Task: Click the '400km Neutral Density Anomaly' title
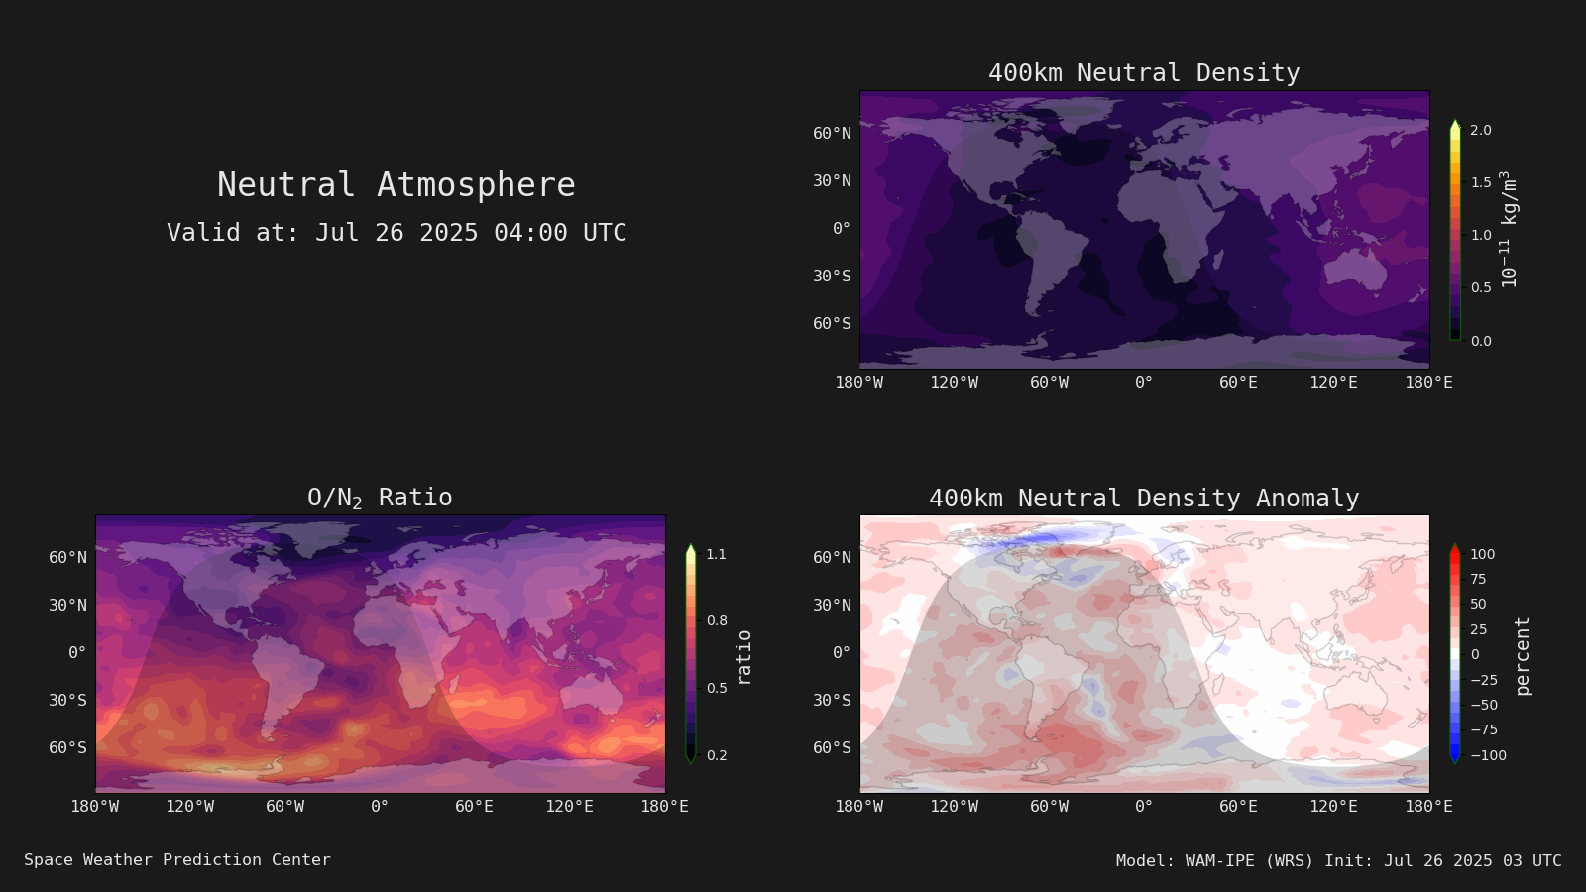1144,499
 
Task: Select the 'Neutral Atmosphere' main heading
396,184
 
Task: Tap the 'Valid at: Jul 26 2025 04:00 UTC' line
396,233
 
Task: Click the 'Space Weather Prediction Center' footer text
177,860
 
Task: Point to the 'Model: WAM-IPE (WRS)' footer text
1214,861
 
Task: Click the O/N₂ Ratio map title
380,498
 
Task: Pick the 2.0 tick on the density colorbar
1481,130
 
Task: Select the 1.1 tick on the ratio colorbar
717,554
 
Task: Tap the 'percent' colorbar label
1523,656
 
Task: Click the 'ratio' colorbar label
743,657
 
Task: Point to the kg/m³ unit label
1510,229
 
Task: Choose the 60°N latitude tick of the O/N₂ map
68,558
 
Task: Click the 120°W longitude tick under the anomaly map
954,807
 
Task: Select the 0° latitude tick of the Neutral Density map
842,229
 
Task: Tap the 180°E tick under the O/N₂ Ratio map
664,807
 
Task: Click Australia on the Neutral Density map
1354,271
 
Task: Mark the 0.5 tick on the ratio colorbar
717,688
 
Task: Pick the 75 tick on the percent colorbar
1478,579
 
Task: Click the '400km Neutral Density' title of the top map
1144,73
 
